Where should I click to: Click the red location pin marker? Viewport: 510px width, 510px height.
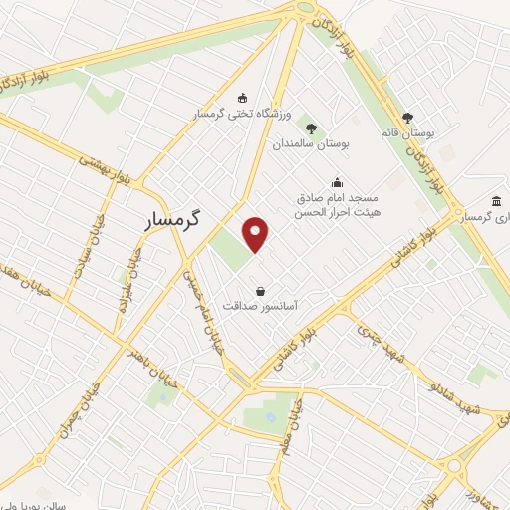[257, 234]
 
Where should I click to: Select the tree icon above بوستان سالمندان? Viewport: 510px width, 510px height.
[312, 127]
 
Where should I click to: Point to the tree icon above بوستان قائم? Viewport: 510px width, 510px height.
[407, 118]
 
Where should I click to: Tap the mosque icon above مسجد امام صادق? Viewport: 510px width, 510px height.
[337, 182]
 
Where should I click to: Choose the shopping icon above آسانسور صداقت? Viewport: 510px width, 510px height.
[260, 292]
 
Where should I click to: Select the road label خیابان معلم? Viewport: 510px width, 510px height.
[285, 428]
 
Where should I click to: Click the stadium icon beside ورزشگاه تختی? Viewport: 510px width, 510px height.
[242, 98]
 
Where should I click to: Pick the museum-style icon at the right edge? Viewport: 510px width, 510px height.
[496, 201]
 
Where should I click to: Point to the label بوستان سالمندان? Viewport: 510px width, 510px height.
[313, 144]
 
